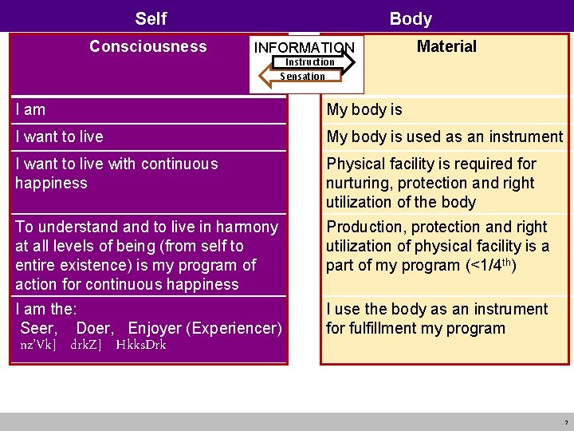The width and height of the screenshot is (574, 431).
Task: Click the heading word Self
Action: tap(151, 18)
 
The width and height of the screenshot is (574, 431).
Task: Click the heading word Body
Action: tap(411, 18)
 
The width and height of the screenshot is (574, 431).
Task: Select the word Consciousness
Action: tap(147, 46)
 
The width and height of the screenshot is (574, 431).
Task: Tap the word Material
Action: tap(446, 46)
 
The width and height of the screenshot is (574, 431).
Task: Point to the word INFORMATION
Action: tap(304, 49)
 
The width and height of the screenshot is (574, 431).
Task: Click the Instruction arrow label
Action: tap(310, 62)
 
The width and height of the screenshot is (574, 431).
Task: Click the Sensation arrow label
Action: tap(302, 77)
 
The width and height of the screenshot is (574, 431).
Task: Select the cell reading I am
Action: tap(30, 109)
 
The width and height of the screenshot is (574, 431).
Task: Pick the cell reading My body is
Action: tap(364, 109)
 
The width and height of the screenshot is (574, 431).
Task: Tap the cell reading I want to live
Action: tap(59, 136)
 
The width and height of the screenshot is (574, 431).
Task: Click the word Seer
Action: tap(38, 328)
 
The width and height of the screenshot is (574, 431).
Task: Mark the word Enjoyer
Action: tap(155, 328)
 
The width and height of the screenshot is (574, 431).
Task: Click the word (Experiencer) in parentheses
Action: tap(234, 328)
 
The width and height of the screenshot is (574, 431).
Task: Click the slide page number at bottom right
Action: tap(566, 422)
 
